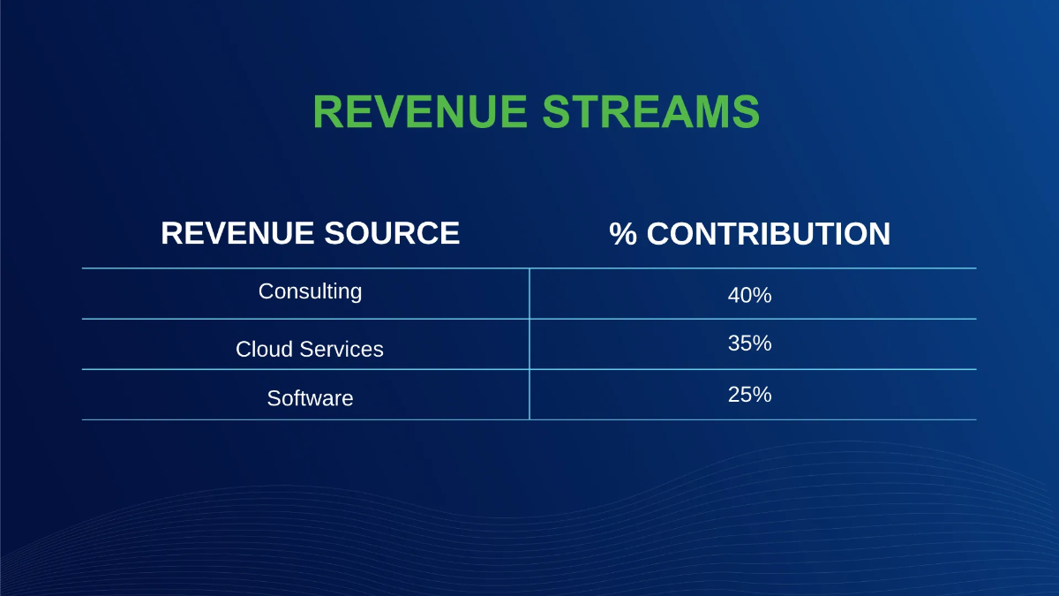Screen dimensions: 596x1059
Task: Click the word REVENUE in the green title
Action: tap(419, 112)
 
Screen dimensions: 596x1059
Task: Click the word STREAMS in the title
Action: tap(650, 112)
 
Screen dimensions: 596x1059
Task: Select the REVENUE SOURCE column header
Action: tap(310, 233)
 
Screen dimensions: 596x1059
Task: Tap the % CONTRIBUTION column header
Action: tap(749, 234)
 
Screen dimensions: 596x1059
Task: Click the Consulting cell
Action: tap(310, 291)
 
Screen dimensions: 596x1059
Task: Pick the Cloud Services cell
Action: tap(310, 349)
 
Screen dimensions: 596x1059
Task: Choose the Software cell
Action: tap(310, 398)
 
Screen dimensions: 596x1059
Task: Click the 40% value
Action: tap(749, 296)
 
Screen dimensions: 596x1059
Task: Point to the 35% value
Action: tap(749, 343)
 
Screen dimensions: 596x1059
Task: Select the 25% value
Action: tap(749, 395)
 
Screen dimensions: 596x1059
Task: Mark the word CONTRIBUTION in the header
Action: tap(769, 234)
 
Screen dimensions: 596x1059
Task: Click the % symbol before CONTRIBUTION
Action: tap(623, 234)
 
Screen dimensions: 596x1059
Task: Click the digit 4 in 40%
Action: tap(733, 296)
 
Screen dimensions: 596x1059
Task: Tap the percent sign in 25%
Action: tap(762, 395)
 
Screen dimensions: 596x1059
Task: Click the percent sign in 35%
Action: tap(762, 343)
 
